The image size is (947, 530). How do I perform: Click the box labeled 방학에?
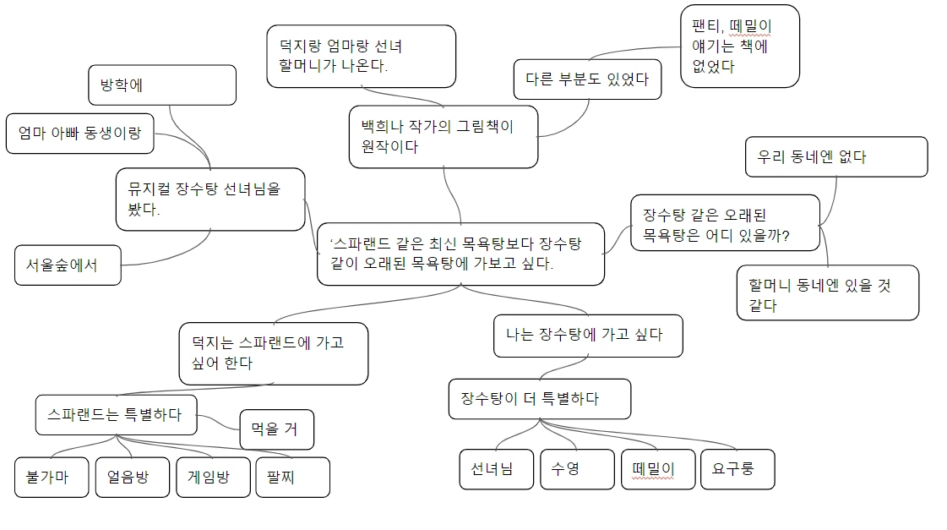click(x=161, y=85)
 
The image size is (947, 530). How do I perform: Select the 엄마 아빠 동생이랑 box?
click(x=79, y=133)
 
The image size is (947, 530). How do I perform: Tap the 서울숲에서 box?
click(x=68, y=265)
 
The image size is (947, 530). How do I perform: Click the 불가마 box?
click(x=51, y=477)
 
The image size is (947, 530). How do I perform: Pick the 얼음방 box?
click(x=132, y=477)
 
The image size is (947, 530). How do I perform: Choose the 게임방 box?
click(x=213, y=477)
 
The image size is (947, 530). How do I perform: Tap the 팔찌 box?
click(x=292, y=478)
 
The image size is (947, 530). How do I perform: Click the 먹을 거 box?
click(x=277, y=429)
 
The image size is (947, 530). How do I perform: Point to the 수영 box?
click(x=577, y=469)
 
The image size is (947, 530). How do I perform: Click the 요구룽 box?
click(x=737, y=469)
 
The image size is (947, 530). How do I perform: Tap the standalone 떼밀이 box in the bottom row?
click(x=657, y=469)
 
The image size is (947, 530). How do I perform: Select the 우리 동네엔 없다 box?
click(x=835, y=156)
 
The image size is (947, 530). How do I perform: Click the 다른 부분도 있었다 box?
click(x=587, y=80)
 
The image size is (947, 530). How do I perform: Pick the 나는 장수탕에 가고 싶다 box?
click(x=588, y=335)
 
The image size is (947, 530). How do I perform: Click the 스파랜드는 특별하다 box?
click(x=116, y=414)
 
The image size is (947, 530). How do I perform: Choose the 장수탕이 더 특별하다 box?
click(x=539, y=398)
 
